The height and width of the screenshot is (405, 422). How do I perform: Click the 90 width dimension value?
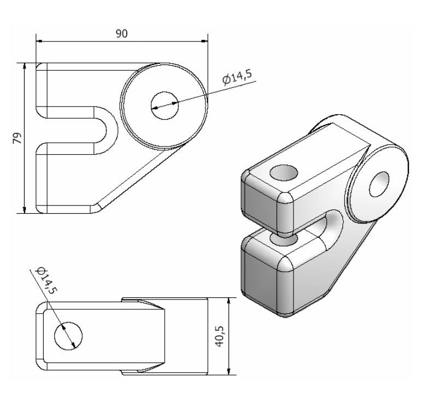point(121,34)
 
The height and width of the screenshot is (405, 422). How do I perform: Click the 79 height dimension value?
point(17,138)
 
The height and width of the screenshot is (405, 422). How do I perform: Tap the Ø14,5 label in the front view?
point(238,77)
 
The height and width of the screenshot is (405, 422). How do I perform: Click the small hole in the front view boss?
point(165,105)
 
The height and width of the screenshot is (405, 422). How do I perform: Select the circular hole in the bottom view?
point(68,336)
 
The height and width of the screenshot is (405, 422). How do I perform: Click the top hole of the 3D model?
point(284,173)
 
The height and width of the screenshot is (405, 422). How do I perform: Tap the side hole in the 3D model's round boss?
point(379,184)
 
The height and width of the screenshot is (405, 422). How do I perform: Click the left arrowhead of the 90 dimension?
point(39,41)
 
